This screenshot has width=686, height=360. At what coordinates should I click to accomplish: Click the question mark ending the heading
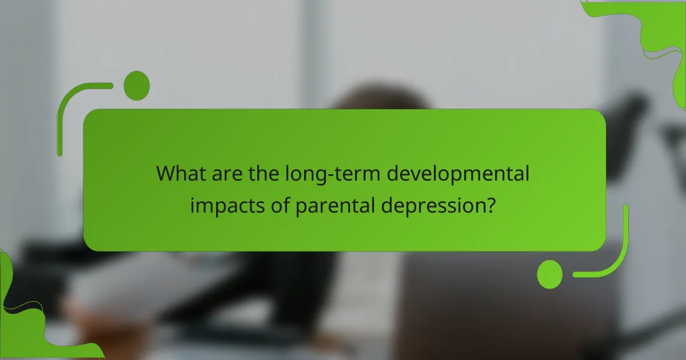coord(489,205)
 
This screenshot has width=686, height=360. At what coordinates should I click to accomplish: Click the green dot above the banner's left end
coord(137,86)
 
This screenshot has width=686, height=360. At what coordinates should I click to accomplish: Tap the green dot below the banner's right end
coord(550,274)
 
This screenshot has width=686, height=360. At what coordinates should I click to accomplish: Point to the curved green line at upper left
coord(71,103)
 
